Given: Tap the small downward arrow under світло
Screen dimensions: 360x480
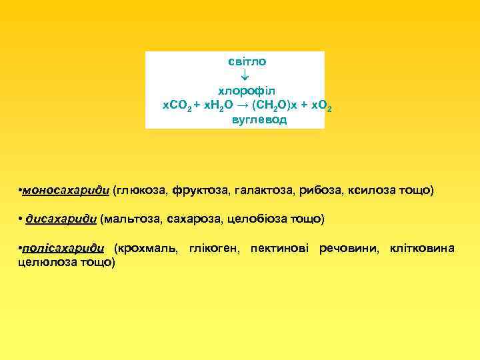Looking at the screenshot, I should (x=245, y=74).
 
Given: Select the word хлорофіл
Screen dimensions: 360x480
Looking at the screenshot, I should (x=247, y=90).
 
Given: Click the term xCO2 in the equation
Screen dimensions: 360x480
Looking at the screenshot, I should (x=178, y=105).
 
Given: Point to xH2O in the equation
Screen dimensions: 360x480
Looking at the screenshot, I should (x=218, y=105).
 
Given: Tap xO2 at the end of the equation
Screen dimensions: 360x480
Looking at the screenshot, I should (x=321, y=105).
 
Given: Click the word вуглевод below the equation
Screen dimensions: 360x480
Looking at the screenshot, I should (x=259, y=120).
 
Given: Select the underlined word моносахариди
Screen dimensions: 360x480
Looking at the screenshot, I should (x=65, y=191).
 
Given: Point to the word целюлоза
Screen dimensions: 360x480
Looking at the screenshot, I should (x=45, y=263).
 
